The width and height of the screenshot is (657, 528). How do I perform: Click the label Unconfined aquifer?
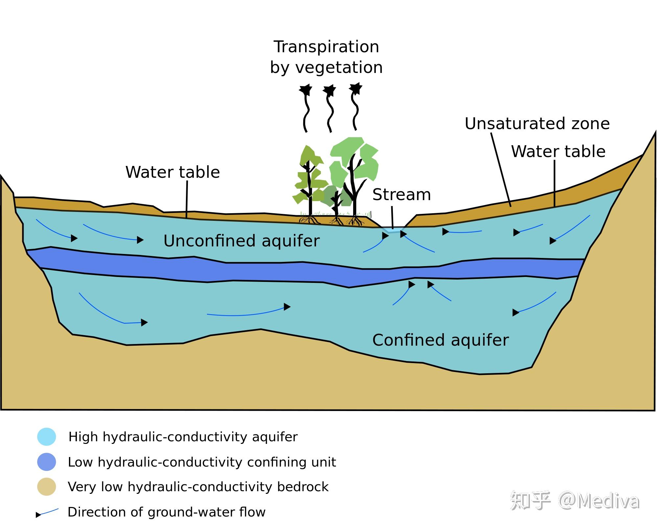click(241, 241)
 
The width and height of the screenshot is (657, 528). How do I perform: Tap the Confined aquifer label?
click(440, 340)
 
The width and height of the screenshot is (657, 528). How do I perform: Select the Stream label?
click(401, 195)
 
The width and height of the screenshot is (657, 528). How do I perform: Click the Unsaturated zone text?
click(537, 124)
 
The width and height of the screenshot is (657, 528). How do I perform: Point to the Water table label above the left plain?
click(172, 172)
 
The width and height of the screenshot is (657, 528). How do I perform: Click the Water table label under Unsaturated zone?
click(558, 151)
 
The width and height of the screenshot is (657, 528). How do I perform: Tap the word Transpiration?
click(326, 47)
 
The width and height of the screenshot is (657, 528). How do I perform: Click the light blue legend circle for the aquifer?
click(47, 437)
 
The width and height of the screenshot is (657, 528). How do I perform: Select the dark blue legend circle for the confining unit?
click(47, 462)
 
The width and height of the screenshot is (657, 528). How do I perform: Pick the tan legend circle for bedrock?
click(47, 487)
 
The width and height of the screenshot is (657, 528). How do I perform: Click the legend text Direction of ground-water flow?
click(166, 512)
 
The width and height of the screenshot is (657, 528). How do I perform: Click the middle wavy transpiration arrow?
click(329, 108)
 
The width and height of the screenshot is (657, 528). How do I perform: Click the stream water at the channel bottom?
click(393, 229)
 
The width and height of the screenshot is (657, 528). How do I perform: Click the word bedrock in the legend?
click(303, 487)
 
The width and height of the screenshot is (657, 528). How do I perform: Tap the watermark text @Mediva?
click(599, 501)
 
